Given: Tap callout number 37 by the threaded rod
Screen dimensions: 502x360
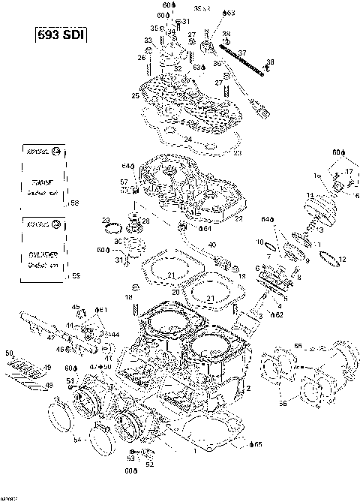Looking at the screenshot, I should [x=241, y=52].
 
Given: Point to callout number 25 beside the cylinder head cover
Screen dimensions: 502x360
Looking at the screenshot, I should [x=135, y=95].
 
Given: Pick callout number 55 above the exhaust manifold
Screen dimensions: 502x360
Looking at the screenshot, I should [x=298, y=347].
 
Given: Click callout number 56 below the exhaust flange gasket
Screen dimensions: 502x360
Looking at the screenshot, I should [x=283, y=403].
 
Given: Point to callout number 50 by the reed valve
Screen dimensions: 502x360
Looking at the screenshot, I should [x=8, y=352].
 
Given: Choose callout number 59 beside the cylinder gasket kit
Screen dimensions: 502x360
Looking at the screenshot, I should [x=74, y=276].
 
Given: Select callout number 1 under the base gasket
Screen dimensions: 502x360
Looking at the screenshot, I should [x=195, y=452].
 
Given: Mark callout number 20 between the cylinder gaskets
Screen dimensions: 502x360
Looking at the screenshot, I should [x=175, y=290].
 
